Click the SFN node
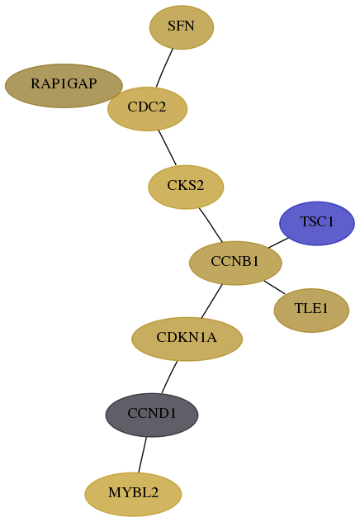(182, 27)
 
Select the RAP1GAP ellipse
(64, 86)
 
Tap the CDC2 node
(148, 109)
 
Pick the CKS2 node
(186, 187)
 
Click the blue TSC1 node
(317, 223)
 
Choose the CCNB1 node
(235, 263)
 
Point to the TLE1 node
(311, 311)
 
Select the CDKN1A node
(187, 339)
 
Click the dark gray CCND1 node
(152, 415)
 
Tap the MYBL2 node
(133, 494)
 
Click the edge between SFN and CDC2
(164, 69)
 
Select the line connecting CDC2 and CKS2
(168, 148)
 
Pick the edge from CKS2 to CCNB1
(211, 225)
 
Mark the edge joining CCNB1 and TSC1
(278, 243)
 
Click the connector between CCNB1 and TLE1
(274, 287)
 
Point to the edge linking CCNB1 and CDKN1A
(211, 301)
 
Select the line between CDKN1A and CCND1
(169, 377)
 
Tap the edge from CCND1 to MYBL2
(142, 455)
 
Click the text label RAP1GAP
(64, 83)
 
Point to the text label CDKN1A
(187, 337)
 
